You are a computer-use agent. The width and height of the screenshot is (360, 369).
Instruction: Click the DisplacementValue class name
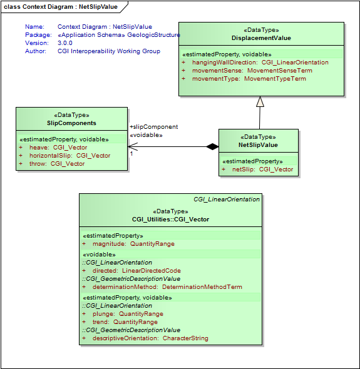261,38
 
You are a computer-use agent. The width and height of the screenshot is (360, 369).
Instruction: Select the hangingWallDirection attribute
260,63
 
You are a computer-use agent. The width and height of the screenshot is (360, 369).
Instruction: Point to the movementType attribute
249,79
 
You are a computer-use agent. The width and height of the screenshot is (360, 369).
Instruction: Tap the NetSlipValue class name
259,145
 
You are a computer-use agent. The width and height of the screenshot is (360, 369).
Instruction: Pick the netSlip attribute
262,169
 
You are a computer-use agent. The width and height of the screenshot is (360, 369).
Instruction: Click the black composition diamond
213,147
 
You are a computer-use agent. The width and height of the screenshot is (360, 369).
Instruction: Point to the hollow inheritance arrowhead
260,102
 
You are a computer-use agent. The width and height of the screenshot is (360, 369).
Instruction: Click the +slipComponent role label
153,127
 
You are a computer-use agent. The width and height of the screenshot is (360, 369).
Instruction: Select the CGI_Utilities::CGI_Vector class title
170,220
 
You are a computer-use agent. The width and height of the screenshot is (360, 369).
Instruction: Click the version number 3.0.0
65,43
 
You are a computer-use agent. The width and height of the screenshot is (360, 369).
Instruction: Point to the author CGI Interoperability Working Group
109,51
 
